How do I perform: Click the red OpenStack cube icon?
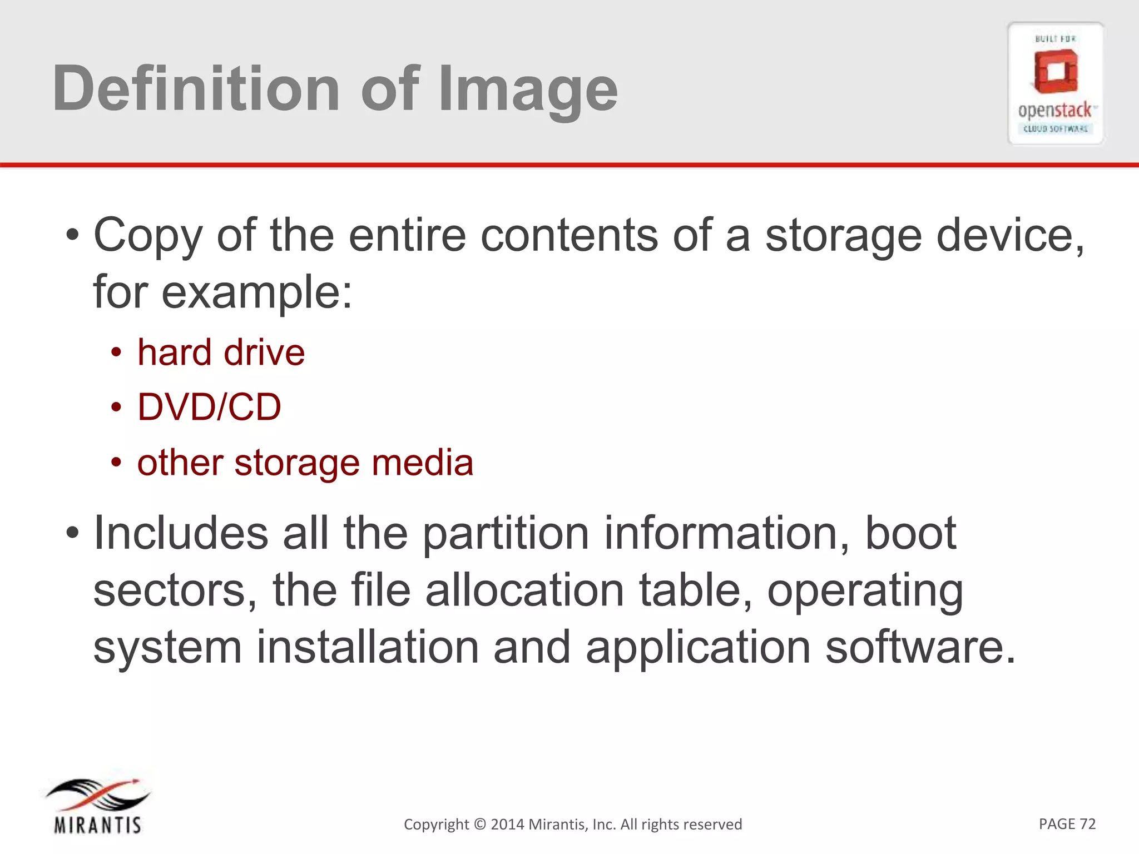1056,71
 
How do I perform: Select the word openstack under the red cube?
1054,111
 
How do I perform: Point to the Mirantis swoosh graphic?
98,795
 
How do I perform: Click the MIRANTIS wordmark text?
98,825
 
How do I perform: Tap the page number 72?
1087,823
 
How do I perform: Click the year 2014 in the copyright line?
507,824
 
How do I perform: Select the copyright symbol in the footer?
480,824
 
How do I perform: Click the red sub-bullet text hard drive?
221,352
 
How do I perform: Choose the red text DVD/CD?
209,406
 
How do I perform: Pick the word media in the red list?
422,463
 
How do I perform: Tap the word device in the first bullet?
1010,235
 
